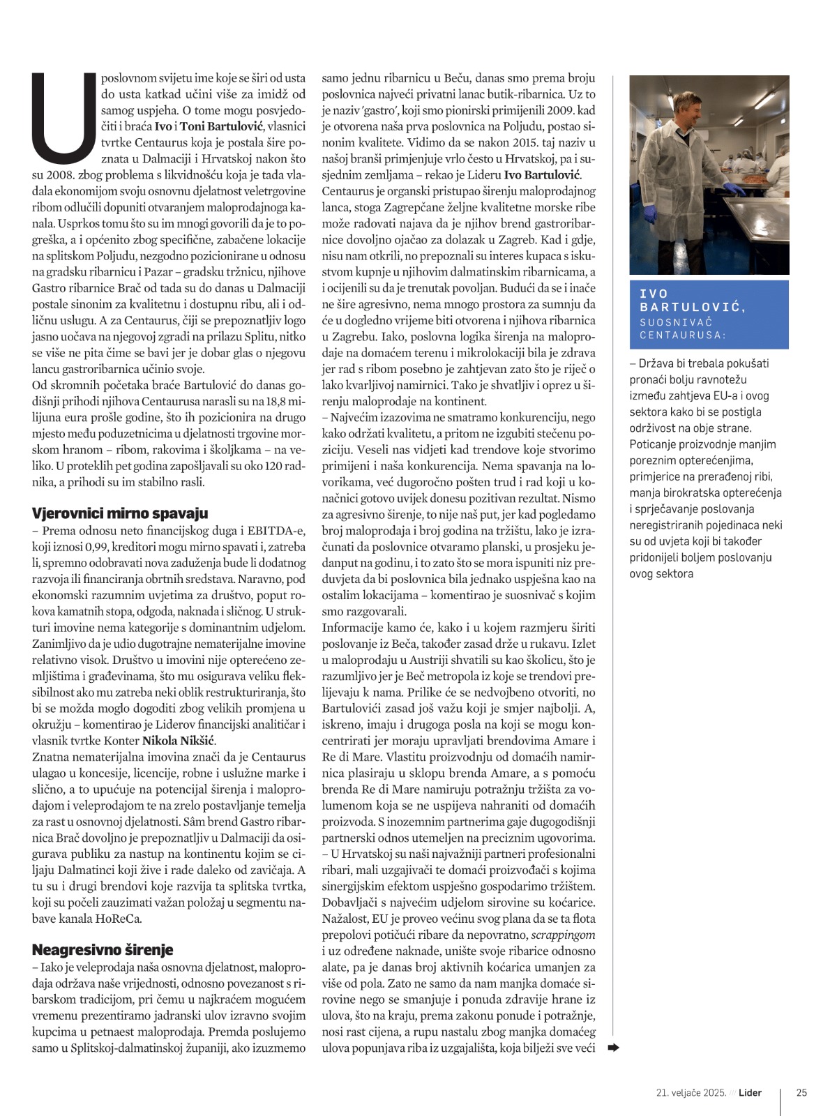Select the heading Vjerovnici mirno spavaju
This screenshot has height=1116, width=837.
point(120,513)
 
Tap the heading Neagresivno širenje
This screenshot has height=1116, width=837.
point(103,949)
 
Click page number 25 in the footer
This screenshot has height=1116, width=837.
point(801,1092)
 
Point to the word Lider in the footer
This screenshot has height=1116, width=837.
point(750,1092)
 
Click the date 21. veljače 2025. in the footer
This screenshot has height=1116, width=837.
point(691,1092)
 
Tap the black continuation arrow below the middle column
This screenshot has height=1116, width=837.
point(613,1047)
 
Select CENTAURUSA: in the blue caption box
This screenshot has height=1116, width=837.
point(683,335)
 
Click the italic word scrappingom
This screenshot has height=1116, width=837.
point(563,935)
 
